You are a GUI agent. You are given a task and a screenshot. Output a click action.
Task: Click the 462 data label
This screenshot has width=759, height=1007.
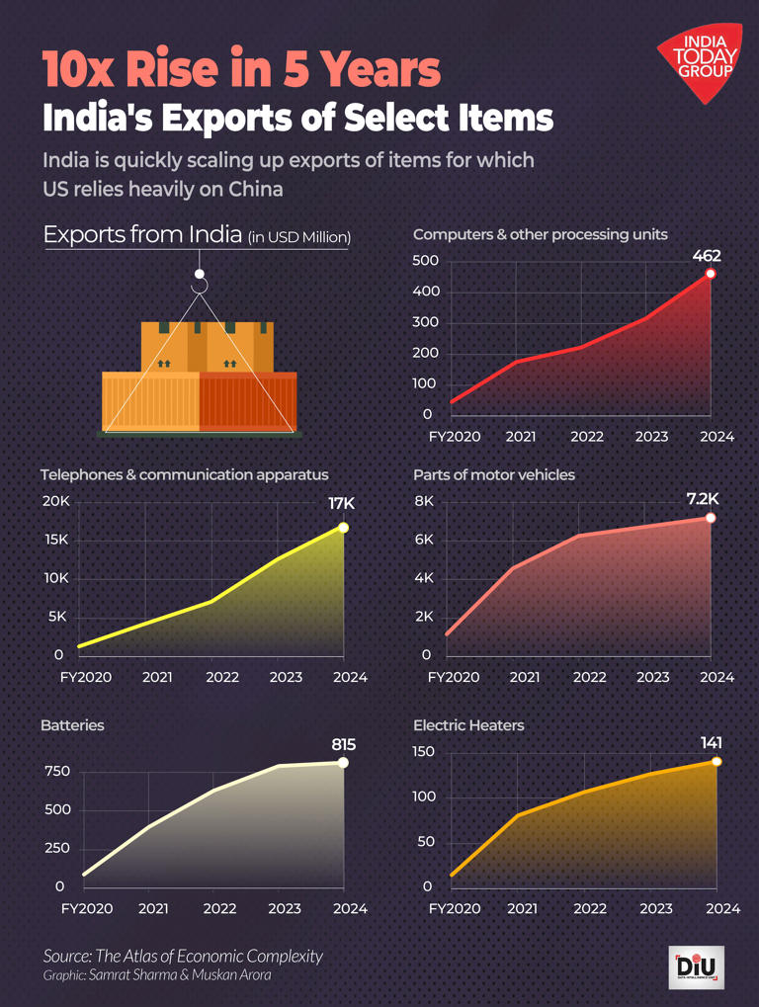point(707,256)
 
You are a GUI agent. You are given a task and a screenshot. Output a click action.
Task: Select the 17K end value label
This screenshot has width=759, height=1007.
point(341,504)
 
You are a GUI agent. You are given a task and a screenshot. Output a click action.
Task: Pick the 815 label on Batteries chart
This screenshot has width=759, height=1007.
point(343,744)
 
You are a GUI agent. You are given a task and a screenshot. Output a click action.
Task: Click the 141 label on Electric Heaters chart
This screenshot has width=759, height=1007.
point(712,742)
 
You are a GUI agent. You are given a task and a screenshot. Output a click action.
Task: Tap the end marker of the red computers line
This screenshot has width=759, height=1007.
point(711,274)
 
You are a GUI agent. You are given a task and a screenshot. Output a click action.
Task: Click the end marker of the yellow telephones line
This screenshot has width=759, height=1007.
point(343,528)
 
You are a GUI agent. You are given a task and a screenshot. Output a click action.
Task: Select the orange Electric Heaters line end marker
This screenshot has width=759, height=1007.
point(717,761)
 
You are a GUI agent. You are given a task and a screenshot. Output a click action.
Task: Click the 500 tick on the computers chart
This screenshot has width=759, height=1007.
point(425,261)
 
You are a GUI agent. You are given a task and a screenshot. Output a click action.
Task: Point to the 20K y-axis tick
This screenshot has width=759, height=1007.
point(56,501)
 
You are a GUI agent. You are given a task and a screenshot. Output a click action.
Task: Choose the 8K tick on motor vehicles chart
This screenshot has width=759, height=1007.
point(424,501)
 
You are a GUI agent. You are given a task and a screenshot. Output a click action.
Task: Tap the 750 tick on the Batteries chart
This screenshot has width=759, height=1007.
point(57,771)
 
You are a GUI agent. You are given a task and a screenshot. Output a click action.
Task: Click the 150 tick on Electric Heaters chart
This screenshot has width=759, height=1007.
point(424,752)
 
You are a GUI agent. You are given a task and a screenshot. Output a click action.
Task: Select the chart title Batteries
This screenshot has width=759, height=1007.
point(72,725)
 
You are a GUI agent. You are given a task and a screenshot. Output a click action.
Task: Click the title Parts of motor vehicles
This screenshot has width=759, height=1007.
point(493,475)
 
